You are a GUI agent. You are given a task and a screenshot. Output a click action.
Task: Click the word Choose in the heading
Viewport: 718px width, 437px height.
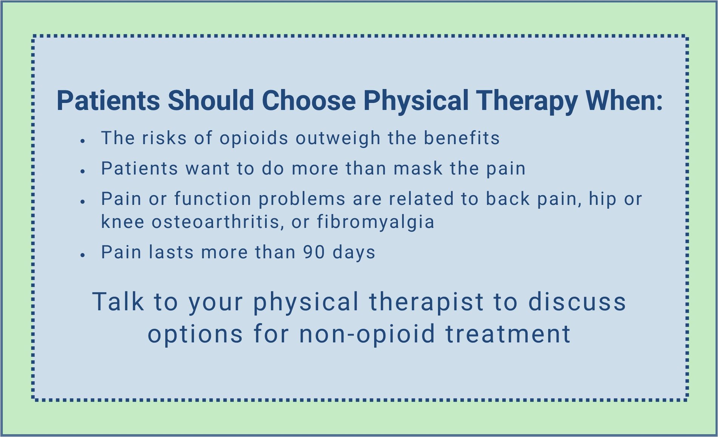308,101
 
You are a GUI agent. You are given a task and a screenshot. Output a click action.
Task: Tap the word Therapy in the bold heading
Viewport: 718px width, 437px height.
526,101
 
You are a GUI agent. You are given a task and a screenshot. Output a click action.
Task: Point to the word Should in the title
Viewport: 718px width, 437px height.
210,101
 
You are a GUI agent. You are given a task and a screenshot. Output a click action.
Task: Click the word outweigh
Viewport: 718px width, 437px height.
338,138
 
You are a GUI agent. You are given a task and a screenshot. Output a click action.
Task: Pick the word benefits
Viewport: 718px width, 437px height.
461,138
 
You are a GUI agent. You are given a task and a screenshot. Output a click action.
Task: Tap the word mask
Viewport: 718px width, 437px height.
418,168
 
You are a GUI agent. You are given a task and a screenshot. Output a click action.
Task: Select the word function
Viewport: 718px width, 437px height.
213,199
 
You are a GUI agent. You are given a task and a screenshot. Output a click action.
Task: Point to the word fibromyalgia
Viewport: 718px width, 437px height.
376,222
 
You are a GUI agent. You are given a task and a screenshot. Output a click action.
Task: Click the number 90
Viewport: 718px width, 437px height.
314,252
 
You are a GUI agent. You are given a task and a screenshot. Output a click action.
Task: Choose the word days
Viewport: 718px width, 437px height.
354,252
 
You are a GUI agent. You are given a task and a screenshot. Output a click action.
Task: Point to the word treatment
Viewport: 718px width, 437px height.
508,334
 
